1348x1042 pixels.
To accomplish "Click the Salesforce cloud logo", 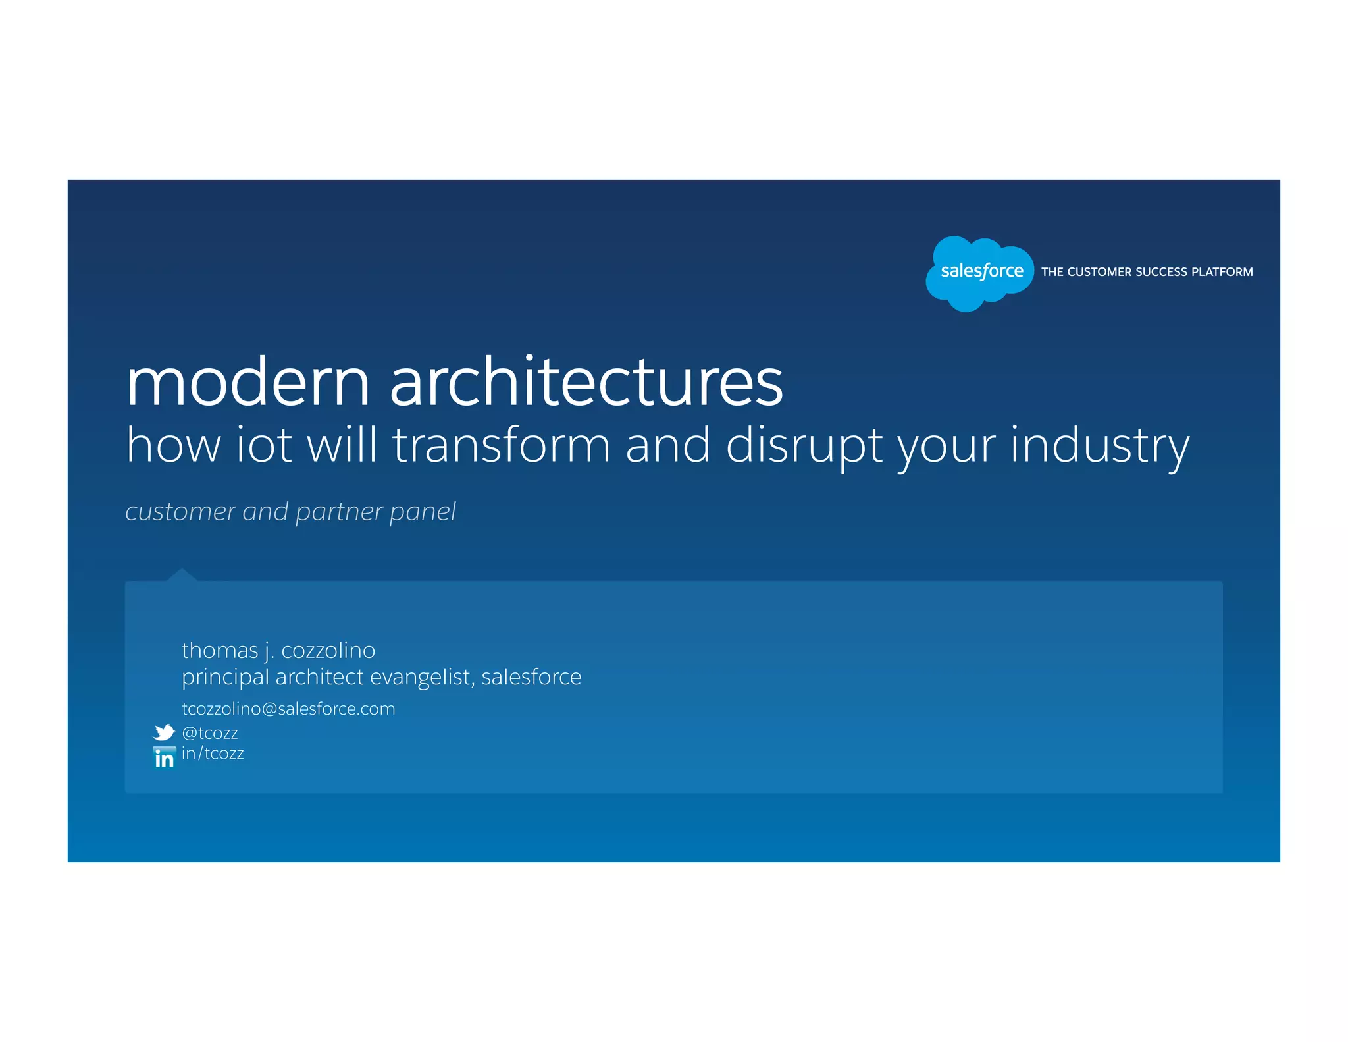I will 980,272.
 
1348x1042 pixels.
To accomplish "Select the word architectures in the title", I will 586,383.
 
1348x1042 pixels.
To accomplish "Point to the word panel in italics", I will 422,512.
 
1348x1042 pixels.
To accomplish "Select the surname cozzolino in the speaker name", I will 328,651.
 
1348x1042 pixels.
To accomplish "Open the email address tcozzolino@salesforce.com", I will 288,709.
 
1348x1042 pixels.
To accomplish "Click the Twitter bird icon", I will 164,732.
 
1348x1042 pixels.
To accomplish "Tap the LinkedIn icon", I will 164,757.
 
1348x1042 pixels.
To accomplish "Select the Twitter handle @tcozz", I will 210,733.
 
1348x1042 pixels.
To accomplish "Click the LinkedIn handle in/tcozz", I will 213,754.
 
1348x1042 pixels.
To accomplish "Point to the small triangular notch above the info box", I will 182,574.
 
